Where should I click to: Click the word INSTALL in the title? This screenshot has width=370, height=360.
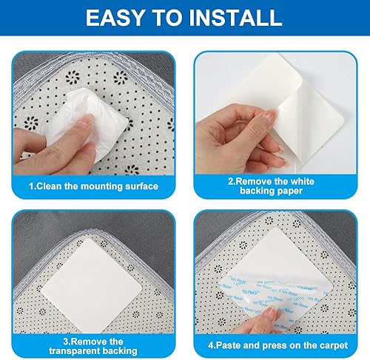coord(235,18)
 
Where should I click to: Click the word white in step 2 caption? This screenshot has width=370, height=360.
coord(303,182)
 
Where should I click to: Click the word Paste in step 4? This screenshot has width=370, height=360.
coord(228,345)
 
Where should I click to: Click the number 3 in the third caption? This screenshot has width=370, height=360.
coord(65,342)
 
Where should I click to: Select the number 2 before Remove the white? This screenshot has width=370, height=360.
coord(230,182)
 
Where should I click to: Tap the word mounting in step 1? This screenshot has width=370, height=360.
coord(101,186)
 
